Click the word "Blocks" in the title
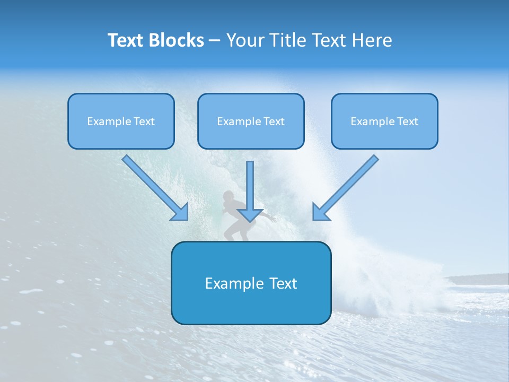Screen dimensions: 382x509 [175, 40]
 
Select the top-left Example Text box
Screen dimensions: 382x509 [121, 121]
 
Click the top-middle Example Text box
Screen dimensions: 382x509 [251, 121]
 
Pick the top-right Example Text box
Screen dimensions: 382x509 [384, 121]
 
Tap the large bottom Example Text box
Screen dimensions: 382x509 [251, 283]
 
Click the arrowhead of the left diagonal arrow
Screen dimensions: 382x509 [180, 212]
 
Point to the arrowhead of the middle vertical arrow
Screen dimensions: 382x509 [250, 214]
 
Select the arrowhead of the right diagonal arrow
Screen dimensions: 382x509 [321, 212]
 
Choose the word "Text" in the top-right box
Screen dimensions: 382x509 [407, 121]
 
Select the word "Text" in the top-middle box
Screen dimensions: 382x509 [274, 121]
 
